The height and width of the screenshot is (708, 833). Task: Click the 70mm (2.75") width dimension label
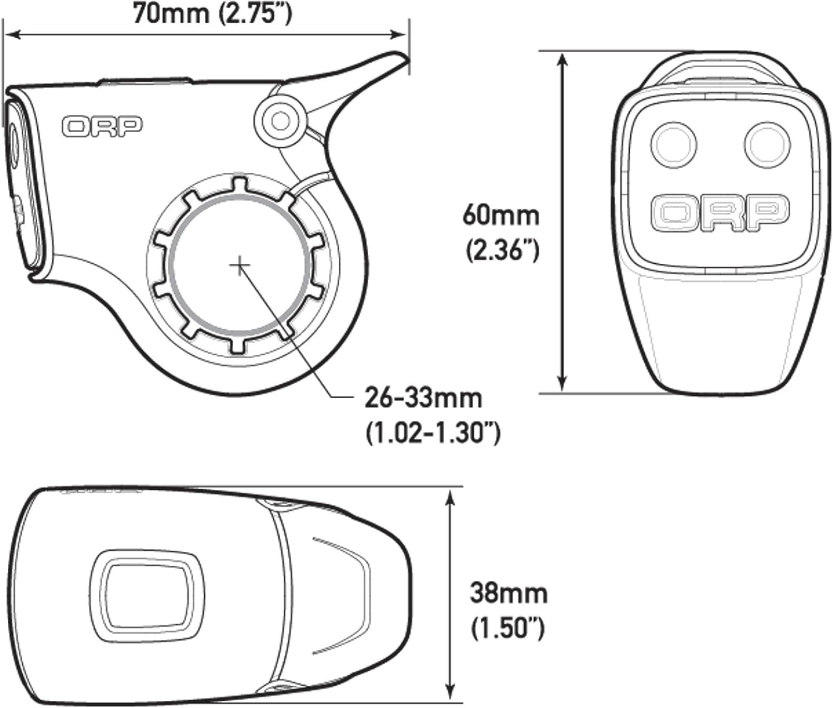pos(212,13)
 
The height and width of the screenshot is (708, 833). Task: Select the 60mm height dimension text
pos(500,215)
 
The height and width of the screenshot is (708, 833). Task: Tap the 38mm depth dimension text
pos(508,593)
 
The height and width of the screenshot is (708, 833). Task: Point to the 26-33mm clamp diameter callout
pos(423,398)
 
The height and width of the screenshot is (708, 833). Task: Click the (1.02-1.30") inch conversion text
pos(433,433)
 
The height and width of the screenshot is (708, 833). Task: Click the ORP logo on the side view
pos(102,127)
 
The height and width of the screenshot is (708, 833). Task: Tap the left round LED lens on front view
pos(674,144)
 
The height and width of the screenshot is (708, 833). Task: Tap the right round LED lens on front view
pos(766,144)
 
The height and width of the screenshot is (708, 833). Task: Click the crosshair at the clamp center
pos(239,265)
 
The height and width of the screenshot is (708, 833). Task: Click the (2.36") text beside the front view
pos(502,251)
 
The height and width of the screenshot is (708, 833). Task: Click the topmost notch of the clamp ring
pos(239,185)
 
